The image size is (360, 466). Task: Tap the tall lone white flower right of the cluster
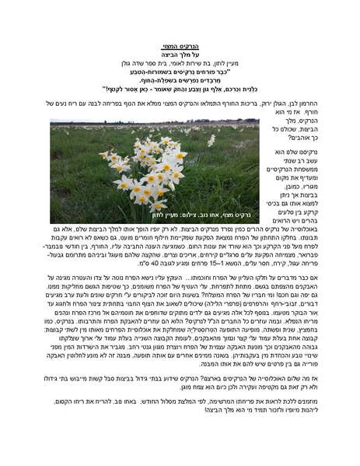click(x=211, y=141)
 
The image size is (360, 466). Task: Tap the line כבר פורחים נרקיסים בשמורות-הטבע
click(x=180, y=73)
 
